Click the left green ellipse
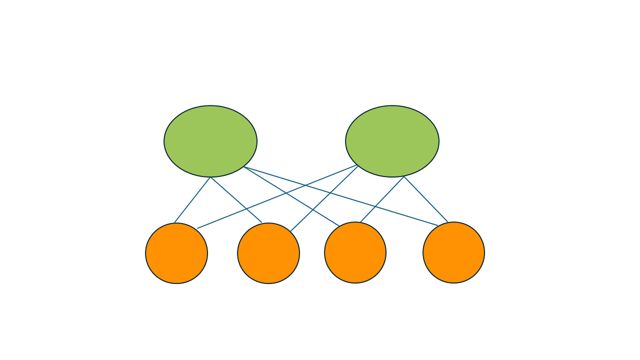210,141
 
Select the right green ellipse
392,141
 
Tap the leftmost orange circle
176,253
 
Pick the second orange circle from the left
268,253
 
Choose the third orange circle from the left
355,252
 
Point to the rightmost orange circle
453,252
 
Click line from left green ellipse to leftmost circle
192,200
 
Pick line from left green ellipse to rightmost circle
400,213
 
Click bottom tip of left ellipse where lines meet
210,177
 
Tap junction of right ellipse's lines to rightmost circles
404,176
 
